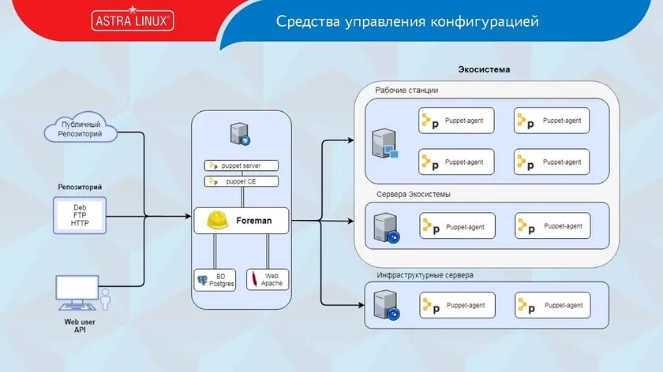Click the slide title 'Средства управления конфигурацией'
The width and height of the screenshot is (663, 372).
(407, 21)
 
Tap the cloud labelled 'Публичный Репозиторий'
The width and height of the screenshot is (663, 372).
(81, 128)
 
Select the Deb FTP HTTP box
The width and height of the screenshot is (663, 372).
(80, 215)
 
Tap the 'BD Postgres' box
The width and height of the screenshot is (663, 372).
(215, 279)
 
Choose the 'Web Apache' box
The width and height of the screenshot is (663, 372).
(267, 279)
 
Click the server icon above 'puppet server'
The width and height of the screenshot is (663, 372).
(241, 134)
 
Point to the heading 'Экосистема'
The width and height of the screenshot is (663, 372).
(484, 69)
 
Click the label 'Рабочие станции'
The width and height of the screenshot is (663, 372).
(406, 91)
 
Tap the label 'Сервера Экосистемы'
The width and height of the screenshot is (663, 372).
(414, 194)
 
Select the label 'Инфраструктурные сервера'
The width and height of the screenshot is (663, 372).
(425, 275)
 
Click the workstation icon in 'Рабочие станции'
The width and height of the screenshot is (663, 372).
(386, 144)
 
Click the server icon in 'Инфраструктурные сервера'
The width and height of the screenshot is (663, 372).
(386, 304)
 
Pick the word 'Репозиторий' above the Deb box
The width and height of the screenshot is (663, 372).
(80, 187)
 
